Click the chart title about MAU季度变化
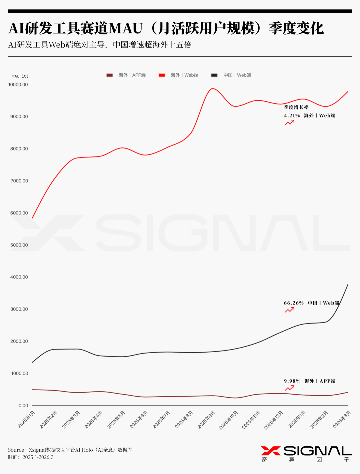[166, 28]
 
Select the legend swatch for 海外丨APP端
[109, 75]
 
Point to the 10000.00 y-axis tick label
[18, 85]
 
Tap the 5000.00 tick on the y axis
[19, 245]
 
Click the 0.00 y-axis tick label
[23, 406]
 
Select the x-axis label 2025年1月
[27, 419]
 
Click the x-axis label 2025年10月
[229, 420]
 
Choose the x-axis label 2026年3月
[342, 419]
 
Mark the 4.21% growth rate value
[292, 116]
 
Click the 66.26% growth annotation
[294, 303]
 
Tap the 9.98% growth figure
[292, 381]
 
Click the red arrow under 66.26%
[290, 310]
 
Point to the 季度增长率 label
[296, 107]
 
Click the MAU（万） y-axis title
[20, 76]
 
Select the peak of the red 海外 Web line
[213, 89]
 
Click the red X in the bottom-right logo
[270, 451]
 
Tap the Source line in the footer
[70, 450]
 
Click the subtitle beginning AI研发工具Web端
[100, 45]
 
